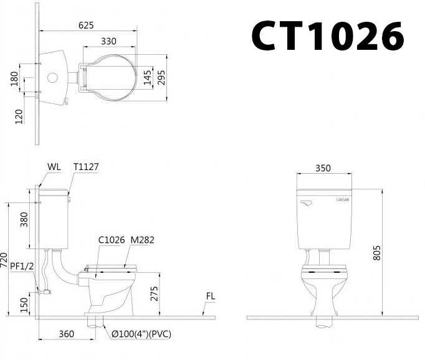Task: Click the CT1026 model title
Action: pyautogui.click(x=327, y=37)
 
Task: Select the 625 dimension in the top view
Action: pyautogui.click(x=87, y=25)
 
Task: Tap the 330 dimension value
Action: pyautogui.click(x=109, y=42)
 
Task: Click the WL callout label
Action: pyautogui.click(x=54, y=167)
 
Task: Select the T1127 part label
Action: pyautogui.click(x=86, y=167)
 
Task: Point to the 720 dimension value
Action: pyautogui.click(x=4, y=260)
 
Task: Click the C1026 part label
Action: pyautogui.click(x=112, y=239)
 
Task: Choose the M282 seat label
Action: pyautogui.click(x=143, y=239)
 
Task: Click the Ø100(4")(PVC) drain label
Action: pyautogui.click(x=141, y=334)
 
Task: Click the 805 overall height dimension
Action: pyautogui.click(x=377, y=250)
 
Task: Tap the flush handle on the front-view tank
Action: pyautogui.click(x=305, y=202)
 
